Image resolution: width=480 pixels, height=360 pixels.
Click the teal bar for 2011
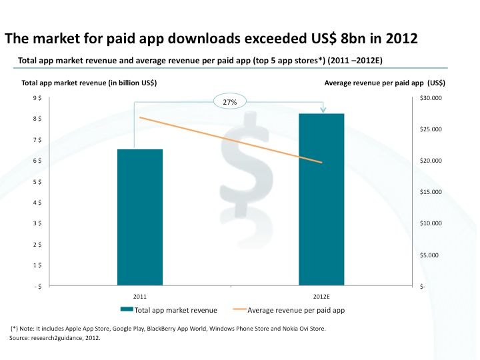(x=140, y=217)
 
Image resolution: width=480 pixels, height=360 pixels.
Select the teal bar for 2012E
(x=321, y=199)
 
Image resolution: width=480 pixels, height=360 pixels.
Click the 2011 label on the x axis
(x=140, y=295)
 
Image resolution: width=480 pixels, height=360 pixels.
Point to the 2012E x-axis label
(x=321, y=295)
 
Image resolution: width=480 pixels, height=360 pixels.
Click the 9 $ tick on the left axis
(x=38, y=98)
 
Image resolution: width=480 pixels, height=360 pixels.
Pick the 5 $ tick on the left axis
(x=38, y=181)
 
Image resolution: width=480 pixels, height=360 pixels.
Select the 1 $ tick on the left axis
(x=38, y=265)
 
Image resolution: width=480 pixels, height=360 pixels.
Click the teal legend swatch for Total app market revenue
(x=127, y=310)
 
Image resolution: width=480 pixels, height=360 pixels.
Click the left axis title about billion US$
(x=89, y=83)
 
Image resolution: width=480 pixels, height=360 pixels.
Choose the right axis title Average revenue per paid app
(x=385, y=83)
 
